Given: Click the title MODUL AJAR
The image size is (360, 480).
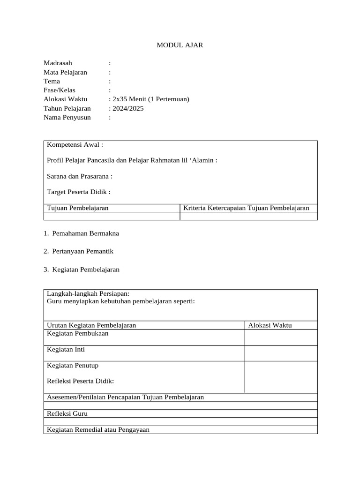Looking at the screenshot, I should pyautogui.click(x=180, y=45).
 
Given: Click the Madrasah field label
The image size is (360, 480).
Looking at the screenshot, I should pyautogui.click(x=58, y=63).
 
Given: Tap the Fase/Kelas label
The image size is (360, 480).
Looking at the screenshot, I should pyautogui.click(x=59, y=90).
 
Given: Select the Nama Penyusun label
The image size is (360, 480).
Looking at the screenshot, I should pyautogui.click(x=67, y=117).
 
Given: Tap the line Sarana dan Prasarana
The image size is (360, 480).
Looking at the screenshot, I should pyautogui.click(x=80, y=176).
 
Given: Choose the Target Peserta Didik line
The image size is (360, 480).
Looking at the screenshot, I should pyautogui.click(x=79, y=192).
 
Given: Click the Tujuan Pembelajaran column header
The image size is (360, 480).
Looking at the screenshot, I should pyautogui.click(x=78, y=208).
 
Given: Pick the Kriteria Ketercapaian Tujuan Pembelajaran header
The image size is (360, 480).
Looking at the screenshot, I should pyautogui.click(x=246, y=208).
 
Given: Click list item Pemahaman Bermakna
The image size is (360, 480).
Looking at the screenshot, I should pyautogui.click(x=85, y=233).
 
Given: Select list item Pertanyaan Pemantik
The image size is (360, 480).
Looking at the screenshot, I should pyautogui.click(x=82, y=251).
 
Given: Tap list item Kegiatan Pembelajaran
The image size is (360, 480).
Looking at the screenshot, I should pyautogui.click(x=86, y=270).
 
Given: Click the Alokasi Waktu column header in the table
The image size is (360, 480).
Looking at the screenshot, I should pyautogui.click(x=270, y=325).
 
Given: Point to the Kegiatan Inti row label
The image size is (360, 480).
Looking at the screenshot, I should pyautogui.click(x=66, y=350).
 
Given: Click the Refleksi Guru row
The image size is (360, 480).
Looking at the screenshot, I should pyautogui.click(x=67, y=414).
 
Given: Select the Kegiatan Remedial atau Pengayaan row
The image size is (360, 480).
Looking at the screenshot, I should pyautogui.click(x=98, y=429).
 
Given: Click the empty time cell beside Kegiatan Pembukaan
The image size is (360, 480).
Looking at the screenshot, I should pyautogui.click(x=281, y=337).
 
